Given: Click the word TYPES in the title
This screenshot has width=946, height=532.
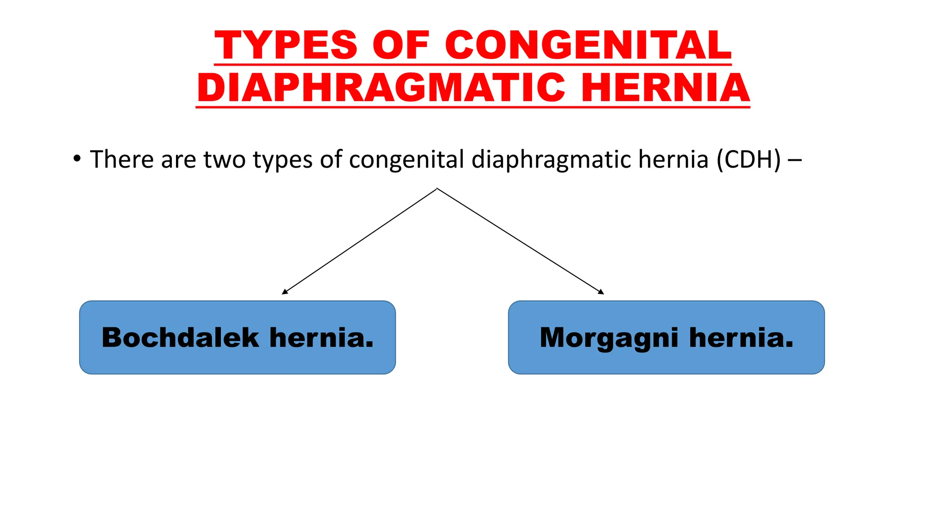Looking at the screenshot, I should point(286,45).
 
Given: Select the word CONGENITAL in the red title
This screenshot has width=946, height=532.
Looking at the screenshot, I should point(588,45).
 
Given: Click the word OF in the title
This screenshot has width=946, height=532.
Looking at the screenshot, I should point(401,45).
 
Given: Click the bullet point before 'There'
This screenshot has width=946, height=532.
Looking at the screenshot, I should point(77,159).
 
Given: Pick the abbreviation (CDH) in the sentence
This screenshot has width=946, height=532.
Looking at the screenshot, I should point(748,159).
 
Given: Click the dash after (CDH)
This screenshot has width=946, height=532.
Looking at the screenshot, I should point(794,160).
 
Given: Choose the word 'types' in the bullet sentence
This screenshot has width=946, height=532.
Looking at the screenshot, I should point(282,160).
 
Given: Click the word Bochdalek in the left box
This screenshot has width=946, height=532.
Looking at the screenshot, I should point(180,338).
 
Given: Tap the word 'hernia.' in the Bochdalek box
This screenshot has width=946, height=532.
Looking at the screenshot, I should point(321,338).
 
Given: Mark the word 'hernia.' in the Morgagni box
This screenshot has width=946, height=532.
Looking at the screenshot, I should point(741,338).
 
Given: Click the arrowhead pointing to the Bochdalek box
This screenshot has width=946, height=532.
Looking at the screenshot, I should point(284,292).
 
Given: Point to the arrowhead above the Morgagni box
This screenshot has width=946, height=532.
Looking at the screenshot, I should point(601,292).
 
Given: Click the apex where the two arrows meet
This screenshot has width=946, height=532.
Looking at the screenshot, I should point(437,188).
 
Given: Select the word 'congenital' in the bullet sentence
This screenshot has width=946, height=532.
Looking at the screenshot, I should point(406,160).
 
